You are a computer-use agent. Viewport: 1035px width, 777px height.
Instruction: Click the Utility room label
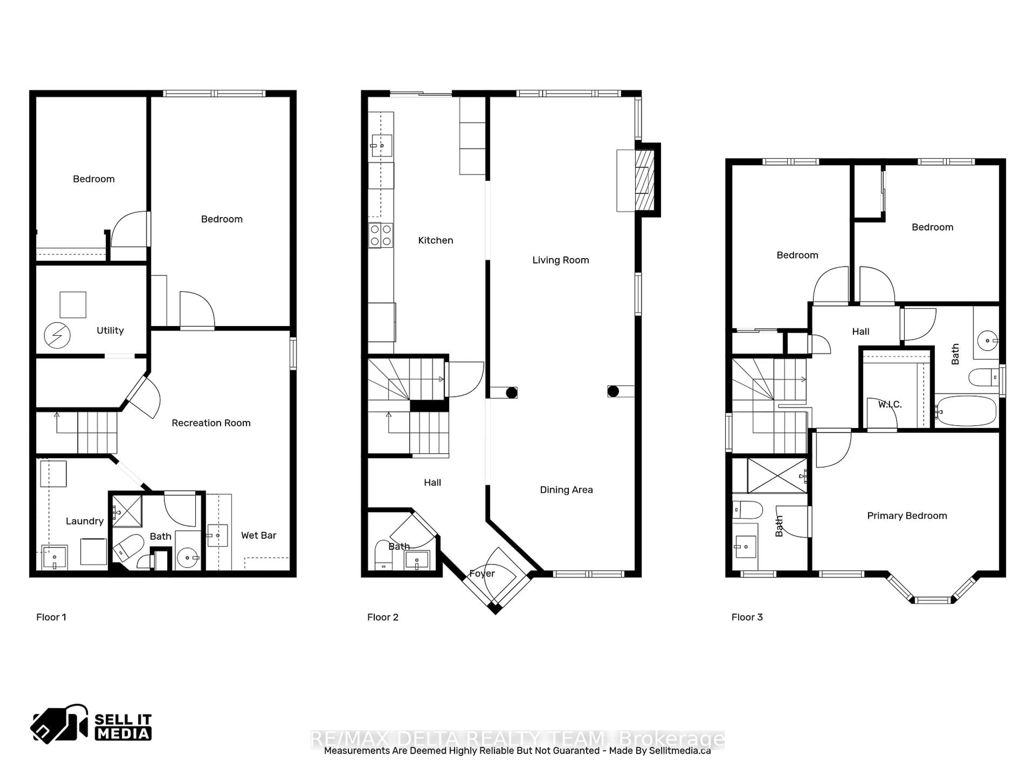pos(110,331)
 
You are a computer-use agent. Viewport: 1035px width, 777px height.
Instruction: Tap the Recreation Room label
pos(211,423)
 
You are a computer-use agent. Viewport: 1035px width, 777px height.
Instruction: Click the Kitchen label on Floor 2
pos(435,241)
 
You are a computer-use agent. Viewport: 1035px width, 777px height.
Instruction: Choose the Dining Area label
pos(566,490)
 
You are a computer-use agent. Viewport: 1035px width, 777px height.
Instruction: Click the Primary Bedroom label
pos(906,516)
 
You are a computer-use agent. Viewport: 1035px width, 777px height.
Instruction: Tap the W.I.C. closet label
pos(889,404)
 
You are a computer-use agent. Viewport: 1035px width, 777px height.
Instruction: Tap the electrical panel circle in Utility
pos(57,335)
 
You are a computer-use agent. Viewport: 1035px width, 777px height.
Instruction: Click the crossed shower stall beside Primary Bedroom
pos(777,475)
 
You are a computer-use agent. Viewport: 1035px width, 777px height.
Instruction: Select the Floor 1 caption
pos(51,617)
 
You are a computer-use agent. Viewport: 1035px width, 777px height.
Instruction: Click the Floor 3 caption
pos(747,617)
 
